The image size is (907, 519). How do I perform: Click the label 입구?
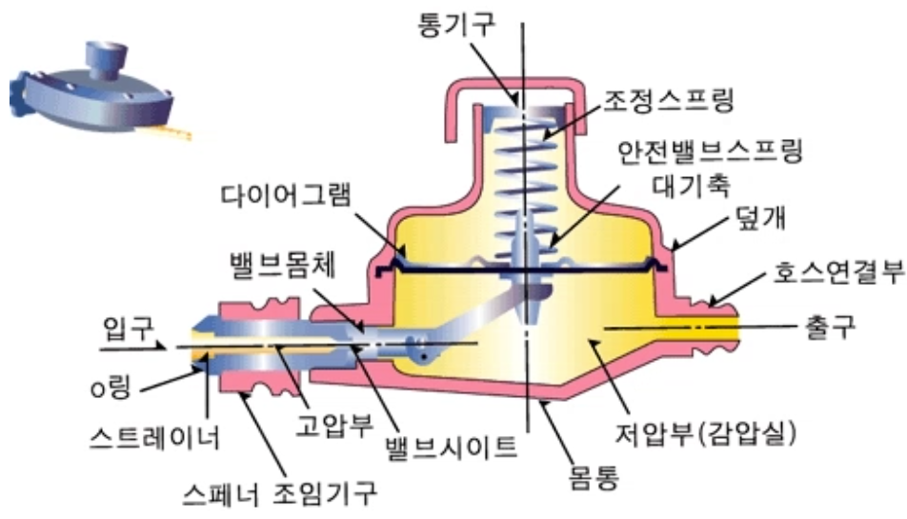coord(122,330)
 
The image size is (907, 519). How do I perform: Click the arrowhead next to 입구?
coord(171,348)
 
